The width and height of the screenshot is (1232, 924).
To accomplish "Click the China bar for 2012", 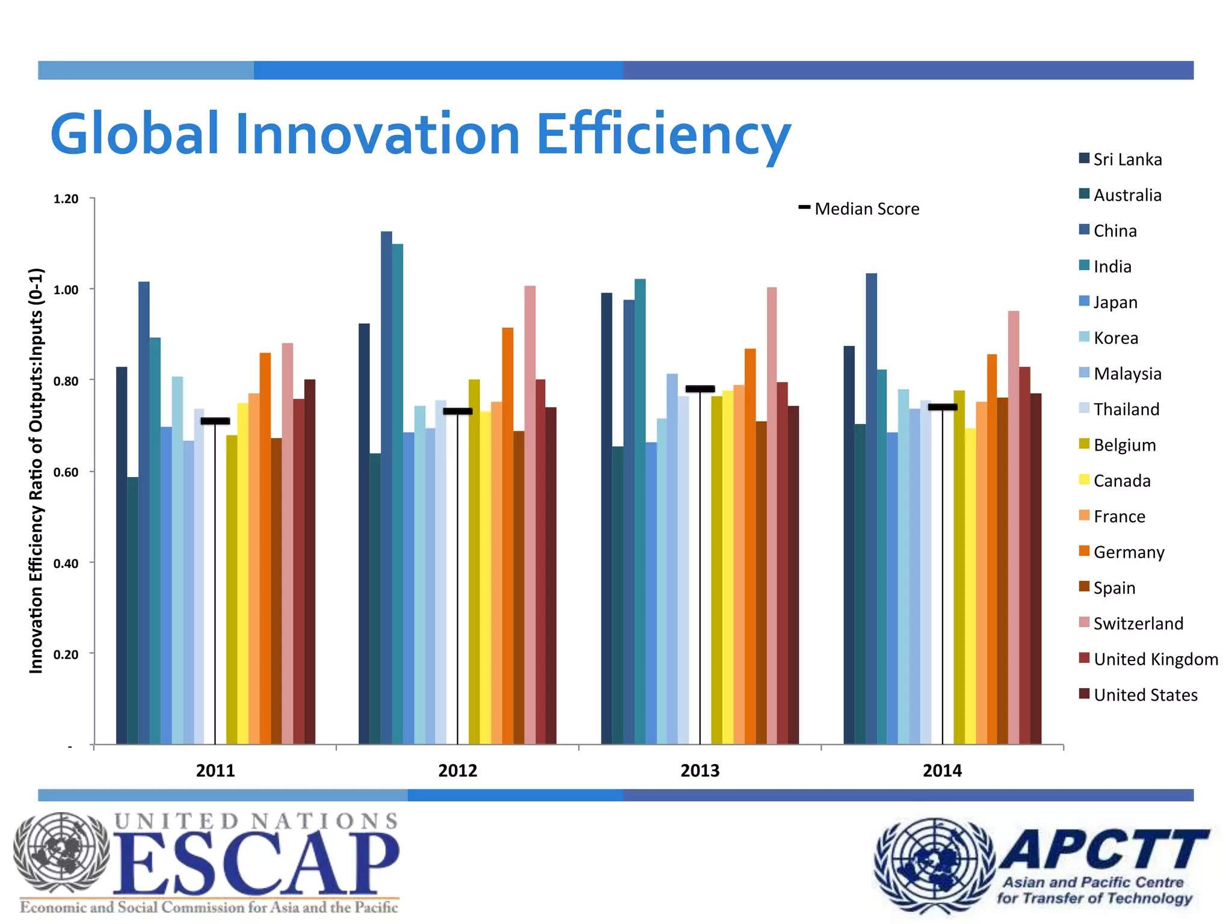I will [x=386, y=487].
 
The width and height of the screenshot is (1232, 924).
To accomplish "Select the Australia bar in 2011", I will [x=132, y=611].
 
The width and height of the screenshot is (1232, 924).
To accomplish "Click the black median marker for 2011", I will [x=215, y=421].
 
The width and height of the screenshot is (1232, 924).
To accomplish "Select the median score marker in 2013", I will [x=700, y=389].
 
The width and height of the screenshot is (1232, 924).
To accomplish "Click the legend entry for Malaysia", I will [x=1127, y=374].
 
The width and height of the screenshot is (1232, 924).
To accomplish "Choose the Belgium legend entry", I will [x=1124, y=445].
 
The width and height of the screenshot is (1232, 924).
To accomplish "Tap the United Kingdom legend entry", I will [x=1155, y=659].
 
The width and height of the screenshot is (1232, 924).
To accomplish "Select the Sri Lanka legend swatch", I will [x=1085, y=159].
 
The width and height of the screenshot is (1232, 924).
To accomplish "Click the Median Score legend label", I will [x=866, y=209].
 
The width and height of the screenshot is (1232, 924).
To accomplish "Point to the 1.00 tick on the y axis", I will [x=66, y=290].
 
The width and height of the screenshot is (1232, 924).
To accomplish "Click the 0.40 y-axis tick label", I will [x=66, y=564].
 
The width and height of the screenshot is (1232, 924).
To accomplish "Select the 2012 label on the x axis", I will [x=457, y=771].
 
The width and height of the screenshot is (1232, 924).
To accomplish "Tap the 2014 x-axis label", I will [x=942, y=771].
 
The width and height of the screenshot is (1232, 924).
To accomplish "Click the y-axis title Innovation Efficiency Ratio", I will [x=37, y=470].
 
